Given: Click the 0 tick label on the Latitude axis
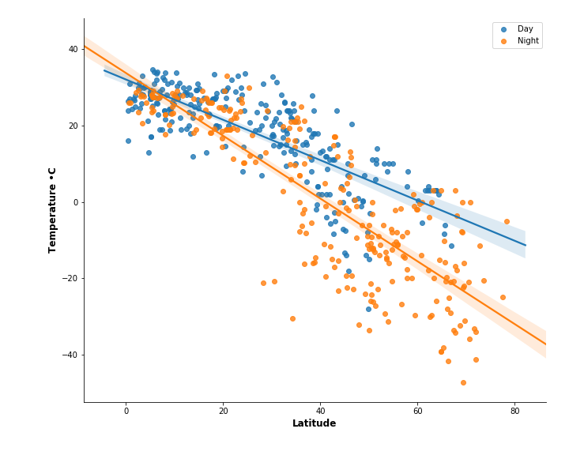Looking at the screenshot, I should (x=126, y=411).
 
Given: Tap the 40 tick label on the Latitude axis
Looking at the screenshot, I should (x=320, y=411).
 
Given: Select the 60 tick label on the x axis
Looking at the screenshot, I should (x=417, y=411).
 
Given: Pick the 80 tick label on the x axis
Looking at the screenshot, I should (x=514, y=411).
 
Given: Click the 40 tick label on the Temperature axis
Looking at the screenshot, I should (x=73, y=49).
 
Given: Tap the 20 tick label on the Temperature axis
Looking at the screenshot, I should (x=73, y=126).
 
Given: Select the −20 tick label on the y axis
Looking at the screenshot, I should (x=70, y=279).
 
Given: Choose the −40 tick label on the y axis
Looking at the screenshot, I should (x=70, y=355).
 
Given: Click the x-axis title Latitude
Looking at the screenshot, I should (x=315, y=424).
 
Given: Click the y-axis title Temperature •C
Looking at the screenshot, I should (x=53, y=209).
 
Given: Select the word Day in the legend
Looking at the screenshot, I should (x=525, y=29).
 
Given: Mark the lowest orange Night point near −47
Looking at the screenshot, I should (x=463, y=382).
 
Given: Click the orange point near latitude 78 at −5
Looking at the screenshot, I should (x=507, y=222).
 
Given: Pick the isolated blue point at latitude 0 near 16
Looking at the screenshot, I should (x=128, y=141).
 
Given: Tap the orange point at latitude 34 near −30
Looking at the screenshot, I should (x=292, y=318).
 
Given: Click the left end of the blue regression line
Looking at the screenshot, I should (x=104, y=70).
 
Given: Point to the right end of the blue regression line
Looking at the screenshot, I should (x=525, y=246).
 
